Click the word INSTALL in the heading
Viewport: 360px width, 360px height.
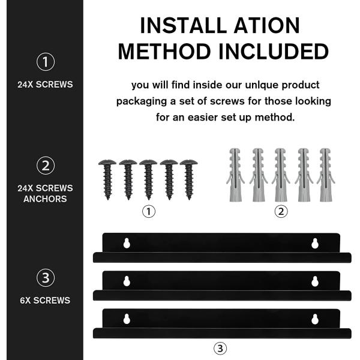coord(183,25)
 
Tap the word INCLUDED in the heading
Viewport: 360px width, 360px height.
coord(274,52)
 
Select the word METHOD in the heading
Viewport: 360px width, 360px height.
coord(164,52)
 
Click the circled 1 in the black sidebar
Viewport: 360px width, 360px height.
coord(46,62)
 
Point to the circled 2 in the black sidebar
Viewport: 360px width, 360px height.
coord(46,166)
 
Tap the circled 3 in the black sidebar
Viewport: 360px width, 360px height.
coord(46,278)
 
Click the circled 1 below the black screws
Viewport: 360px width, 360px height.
coord(149,211)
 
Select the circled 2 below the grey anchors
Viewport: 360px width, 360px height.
coord(281,211)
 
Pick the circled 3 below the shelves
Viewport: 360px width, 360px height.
coord(220,349)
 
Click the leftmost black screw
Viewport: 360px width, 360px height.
coord(107,179)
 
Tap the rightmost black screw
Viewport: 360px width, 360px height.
coord(189,179)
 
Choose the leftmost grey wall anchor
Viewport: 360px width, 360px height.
coord(235,175)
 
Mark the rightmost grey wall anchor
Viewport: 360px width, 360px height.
coord(326,175)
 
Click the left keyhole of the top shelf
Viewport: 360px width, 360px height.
coord(127,244)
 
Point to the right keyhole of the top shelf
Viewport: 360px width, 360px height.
coord(315,244)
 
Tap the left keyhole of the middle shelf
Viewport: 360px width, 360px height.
coord(127,281)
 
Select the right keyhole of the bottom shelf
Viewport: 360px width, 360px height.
coord(315,319)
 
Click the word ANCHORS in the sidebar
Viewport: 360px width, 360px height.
coord(45,199)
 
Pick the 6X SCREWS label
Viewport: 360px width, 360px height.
coord(45,301)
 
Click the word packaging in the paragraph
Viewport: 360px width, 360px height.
coord(142,101)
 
